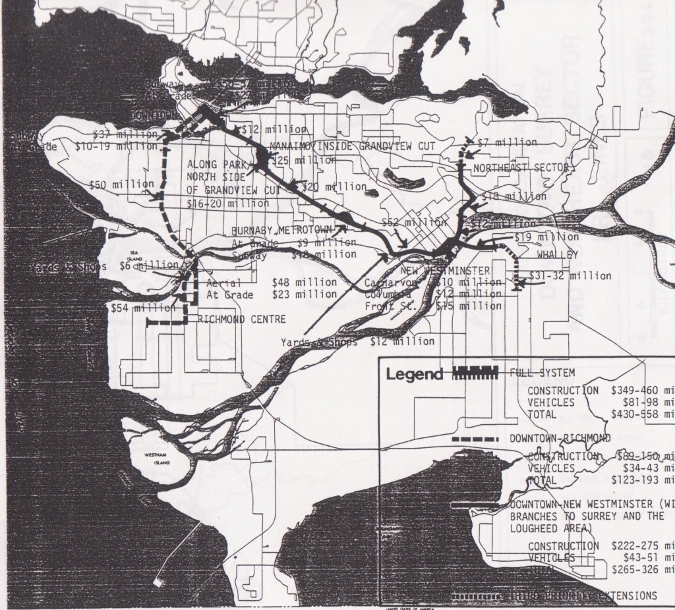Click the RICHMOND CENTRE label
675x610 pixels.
click(242, 319)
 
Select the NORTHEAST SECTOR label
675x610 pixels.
click(521, 167)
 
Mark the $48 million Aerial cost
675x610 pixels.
click(305, 282)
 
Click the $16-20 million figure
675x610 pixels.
click(228, 204)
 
